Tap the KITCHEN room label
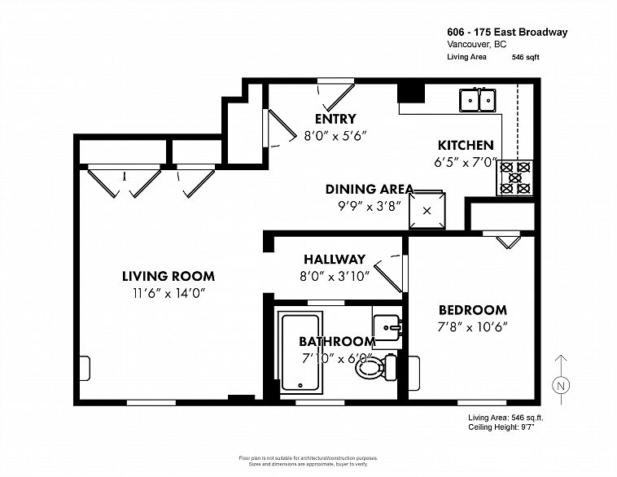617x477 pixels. (x=466, y=145)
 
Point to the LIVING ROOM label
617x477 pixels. (x=168, y=277)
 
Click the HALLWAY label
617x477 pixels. (x=335, y=260)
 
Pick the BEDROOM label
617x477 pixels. (x=472, y=310)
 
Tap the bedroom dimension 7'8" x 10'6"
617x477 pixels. (x=472, y=326)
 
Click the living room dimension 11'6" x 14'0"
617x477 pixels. (x=168, y=293)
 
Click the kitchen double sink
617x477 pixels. (x=478, y=99)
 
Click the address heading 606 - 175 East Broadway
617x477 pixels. (x=507, y=32)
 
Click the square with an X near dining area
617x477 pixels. (x=426, y=208)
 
